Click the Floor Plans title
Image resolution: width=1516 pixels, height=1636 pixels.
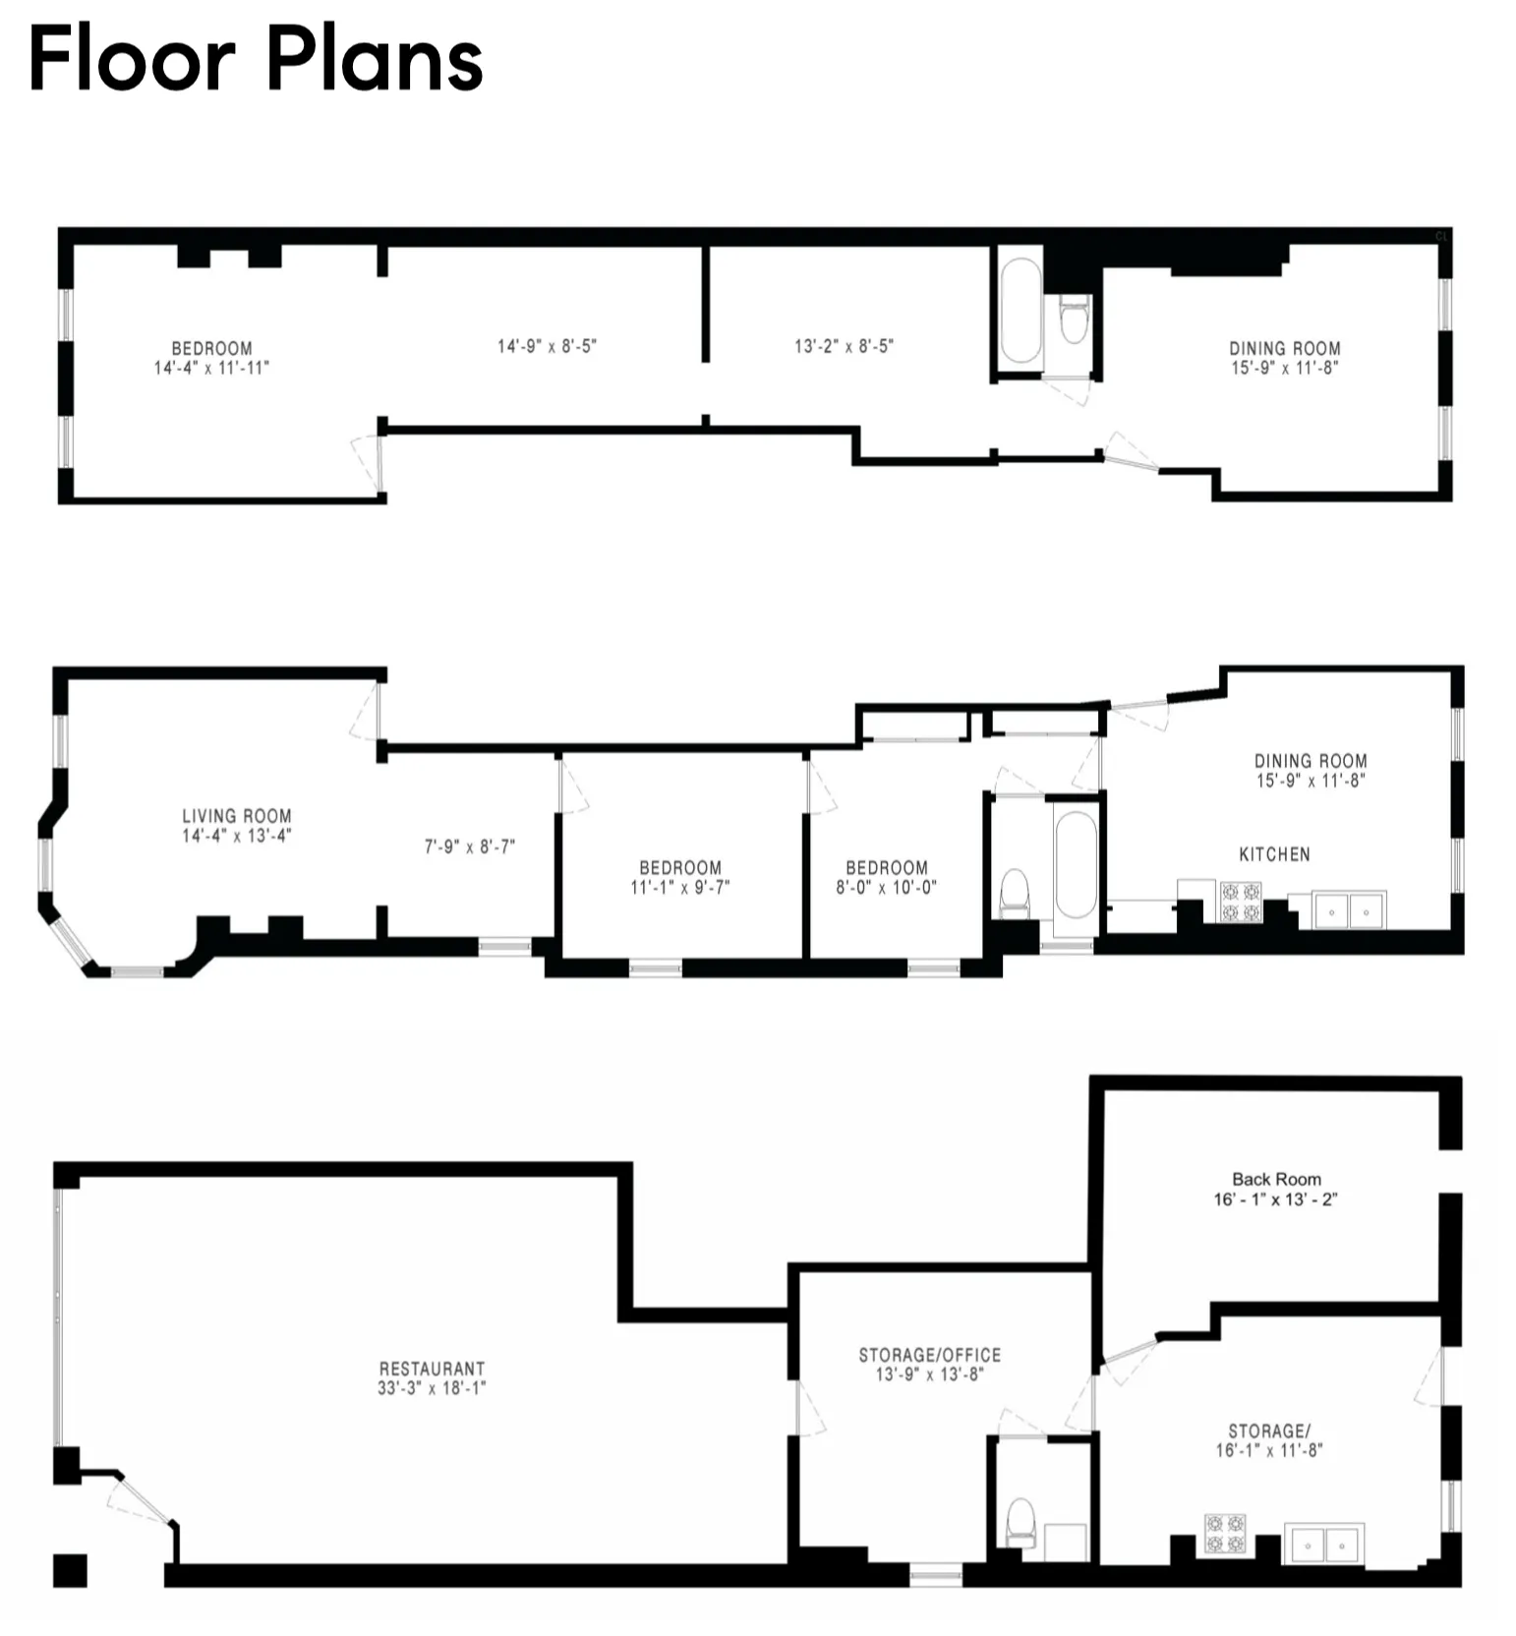[256, 61]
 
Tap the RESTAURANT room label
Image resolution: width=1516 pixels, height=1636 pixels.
[432, 1368]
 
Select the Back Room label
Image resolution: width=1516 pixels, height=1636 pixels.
[1276, 1178]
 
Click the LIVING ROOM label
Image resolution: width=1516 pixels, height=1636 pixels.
[236, 815]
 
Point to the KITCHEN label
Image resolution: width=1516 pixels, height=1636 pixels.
[1274, 853]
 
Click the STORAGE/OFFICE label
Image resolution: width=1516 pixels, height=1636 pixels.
[929, 1354]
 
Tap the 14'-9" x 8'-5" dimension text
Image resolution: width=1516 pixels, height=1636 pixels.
[547, 346]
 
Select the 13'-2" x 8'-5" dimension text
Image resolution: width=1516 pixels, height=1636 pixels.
[844, 346]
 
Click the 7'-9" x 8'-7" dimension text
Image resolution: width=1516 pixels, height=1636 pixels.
[469, 847]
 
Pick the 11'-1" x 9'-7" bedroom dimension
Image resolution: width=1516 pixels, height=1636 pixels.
[679, 887]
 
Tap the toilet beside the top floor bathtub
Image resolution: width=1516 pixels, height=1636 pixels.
[1075, 319]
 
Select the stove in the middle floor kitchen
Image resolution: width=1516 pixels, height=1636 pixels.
[1240, 902]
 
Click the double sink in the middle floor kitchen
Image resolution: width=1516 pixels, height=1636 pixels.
[1349, 910]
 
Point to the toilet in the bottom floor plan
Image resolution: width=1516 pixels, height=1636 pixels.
[1020, 1523]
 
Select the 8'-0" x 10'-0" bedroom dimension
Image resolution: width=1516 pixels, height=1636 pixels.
[886, 887]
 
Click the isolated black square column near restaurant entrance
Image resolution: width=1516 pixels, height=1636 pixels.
[70, 1570]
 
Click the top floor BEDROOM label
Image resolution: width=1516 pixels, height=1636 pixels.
[211, 348]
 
